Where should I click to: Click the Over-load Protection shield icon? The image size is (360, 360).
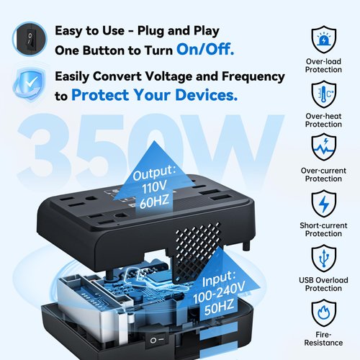pos(323,39)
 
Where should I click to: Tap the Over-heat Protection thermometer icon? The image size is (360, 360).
pos(323,94)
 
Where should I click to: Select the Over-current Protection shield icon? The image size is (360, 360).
pos(323,148)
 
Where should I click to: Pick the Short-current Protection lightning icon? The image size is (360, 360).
pos(323,204)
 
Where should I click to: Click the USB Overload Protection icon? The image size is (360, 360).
pos(323,258)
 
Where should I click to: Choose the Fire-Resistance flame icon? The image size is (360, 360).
pos(323,313)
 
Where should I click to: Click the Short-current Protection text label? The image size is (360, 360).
pos(323,229)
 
